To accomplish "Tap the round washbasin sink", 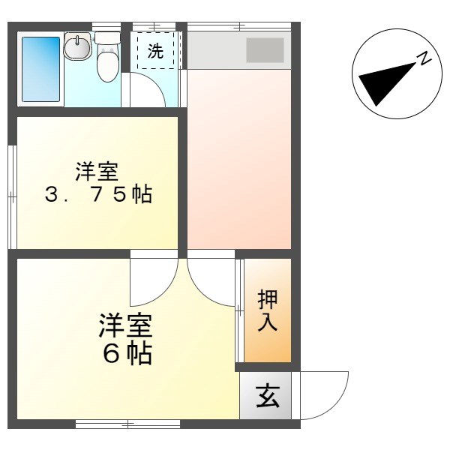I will [76, 49].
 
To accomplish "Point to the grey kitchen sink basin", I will [265, 50].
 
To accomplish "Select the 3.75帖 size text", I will [97, 196].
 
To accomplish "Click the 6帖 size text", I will [127, 352].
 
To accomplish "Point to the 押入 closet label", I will [268, 310].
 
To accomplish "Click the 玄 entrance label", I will [268, 395].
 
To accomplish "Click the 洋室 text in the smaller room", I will [95, 172].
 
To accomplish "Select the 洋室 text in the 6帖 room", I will [126, 325].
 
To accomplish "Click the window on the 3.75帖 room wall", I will [12, 196].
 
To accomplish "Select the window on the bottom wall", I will [127, 424].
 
